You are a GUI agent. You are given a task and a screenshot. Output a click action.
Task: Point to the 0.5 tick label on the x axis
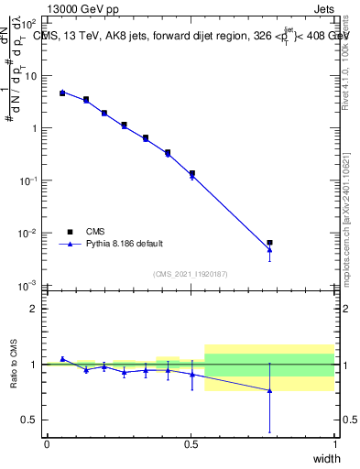coord(191,444)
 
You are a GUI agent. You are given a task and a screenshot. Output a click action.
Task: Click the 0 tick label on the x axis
coord(47,444)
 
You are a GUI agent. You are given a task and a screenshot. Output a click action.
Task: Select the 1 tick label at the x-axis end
coord(334,444)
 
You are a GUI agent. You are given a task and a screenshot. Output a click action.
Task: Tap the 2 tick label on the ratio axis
coord(33,310)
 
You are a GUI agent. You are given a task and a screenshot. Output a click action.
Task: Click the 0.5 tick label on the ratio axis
coord(27,420)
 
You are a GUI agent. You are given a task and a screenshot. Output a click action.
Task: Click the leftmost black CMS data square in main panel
coord(62,93)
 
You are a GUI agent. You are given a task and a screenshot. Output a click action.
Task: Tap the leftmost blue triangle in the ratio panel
coord(62,359)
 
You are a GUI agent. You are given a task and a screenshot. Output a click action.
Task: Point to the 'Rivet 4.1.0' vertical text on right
coord(345,64)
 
